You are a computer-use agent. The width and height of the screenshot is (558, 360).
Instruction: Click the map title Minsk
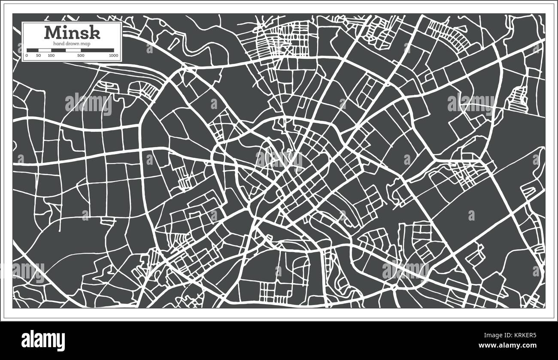pyautogui.click(x=72, y=33)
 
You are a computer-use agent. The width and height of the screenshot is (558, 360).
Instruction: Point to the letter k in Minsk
pyautogui.click(x=94, y=33)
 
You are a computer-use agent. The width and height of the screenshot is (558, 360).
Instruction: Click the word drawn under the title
pyautogui.click(x=73, y=44)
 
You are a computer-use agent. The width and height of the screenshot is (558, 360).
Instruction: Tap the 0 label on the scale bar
pyautogui.click(x=27, y=55)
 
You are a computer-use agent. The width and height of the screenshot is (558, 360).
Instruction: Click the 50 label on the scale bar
pyautogui.click(x=39, y=55)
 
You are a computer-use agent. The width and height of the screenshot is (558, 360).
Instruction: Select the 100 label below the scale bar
pyautogui.click(x=51, y=55)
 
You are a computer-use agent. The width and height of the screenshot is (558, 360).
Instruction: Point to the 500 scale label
pyautogui.click(x=81, y=55)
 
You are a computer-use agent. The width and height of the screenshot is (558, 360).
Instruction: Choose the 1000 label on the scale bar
pyautogui.click(x=114, y=55)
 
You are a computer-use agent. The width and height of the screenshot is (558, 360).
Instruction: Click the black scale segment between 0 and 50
pyautogui.click(x=33, y=50)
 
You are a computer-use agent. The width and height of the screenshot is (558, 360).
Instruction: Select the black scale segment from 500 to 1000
pyautogui.click(x=97, y=50)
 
